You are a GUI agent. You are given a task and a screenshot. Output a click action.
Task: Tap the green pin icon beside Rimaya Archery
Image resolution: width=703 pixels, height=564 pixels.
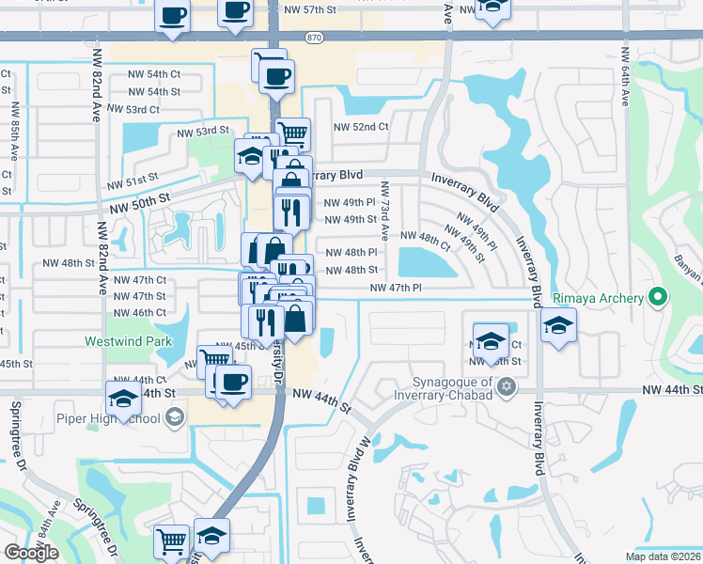(658, 299)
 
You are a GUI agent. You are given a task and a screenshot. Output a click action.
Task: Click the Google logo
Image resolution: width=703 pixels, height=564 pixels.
(31, 553)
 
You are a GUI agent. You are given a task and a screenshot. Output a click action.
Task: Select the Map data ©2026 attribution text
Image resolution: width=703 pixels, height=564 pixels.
(663, 556)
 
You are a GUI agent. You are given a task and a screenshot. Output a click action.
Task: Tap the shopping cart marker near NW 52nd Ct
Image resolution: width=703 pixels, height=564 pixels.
(293, 133)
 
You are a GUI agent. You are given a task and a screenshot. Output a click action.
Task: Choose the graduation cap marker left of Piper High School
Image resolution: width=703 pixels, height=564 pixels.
(122, 399)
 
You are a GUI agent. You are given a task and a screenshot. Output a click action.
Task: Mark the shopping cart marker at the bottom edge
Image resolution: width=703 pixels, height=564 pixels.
(172, 540)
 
